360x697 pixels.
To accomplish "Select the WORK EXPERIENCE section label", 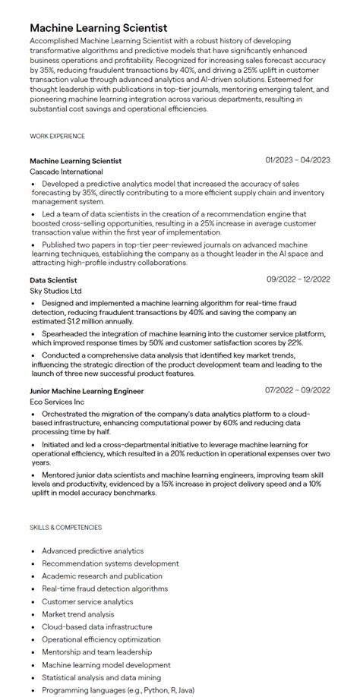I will pyautogui.click(x=57, y=136).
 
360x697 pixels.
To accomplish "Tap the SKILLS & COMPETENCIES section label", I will pyautogui.click(x=65, y=527).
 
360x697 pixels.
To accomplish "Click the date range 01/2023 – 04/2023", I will pyautogui.click(x=298, y=160).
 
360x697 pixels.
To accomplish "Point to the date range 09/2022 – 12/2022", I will pyautogui.click(x=298, y=279).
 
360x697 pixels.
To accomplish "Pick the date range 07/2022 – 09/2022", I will pyautogui.click(x=298, y=390).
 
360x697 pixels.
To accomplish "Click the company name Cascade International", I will pyautogui.click(x=66, y=172).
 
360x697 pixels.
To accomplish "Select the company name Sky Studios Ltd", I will pyautogui.click(x=55, y=291).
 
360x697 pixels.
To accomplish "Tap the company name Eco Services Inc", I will pyautogui.click(x=57, y=402).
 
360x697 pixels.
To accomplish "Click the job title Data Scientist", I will pyautogui.click(x=53, y=279).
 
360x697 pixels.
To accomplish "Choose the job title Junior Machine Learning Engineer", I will pyautogui.click(x=87, y=391).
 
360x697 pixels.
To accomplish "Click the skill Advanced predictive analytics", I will pyautogui.click(x=93, y=550).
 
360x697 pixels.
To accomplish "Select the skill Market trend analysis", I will pyautogui.click(x=79, y=614).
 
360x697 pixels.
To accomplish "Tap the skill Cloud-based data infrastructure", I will pyautogui.click(x=97, y=627).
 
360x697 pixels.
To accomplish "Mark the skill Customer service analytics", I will pyautogui.click(x=87, y=601).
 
